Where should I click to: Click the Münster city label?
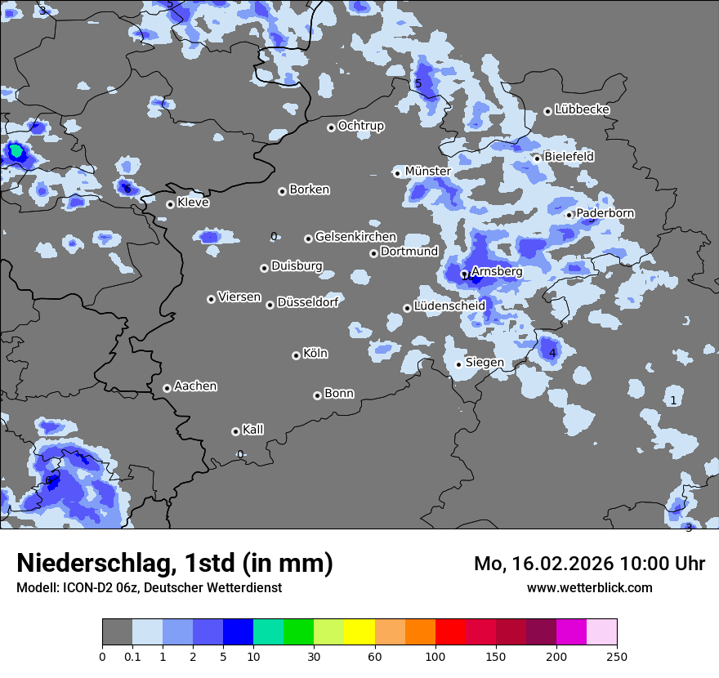[427, 171]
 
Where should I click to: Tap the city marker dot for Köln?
[296, 355]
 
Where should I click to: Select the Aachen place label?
[195, 386]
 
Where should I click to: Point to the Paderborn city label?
[605, 213]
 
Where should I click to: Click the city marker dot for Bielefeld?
[538, 158]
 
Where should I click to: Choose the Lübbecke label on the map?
[582, 109]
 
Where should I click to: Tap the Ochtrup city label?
[360, 126]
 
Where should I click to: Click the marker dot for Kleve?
[170, 204]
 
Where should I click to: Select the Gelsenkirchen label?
[355, 237]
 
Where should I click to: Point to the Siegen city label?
[485, 363]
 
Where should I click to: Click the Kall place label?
[252, 430]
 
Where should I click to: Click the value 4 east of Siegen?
[552, 353]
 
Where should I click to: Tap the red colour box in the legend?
[450, 632]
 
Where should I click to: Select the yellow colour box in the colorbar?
[359, 632]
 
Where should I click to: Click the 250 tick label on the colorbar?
[617, 656]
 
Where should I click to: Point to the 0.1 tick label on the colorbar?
[132, 656]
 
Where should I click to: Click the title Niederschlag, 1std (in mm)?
[175, 564]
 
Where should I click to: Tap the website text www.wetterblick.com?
[589, 587]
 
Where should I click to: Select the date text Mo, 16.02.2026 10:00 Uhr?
[589, 564]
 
